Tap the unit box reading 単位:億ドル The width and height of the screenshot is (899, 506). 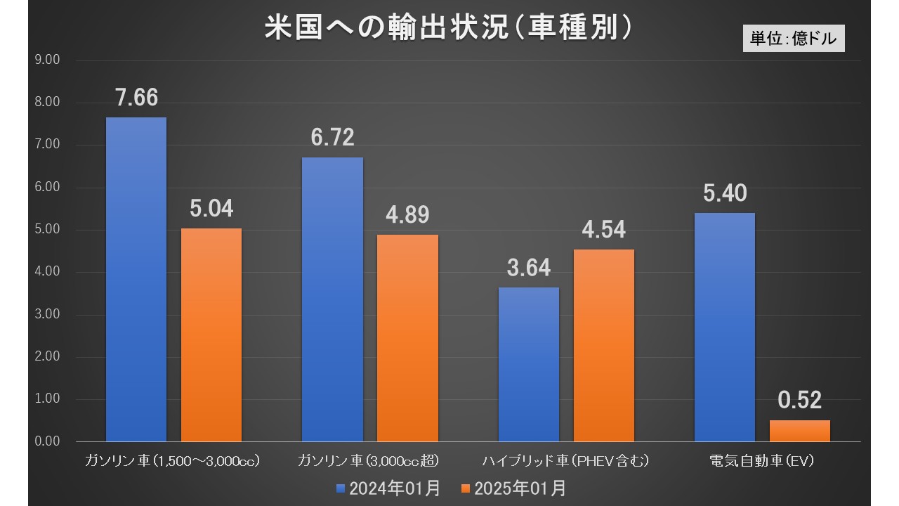click(x=794, y=39)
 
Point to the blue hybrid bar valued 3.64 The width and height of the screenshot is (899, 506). click(x=528, y=365)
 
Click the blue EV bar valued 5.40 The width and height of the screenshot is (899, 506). click(x=724, y=327)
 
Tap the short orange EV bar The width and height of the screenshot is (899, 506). click(x=799, y=431)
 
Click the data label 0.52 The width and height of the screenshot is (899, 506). click(x=799, y=401)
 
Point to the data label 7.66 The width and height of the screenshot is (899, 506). click(x=136, y=98)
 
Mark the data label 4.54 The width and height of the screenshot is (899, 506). click(x=603, y=230)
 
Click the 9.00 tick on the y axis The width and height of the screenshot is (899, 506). click(x=47, y=60)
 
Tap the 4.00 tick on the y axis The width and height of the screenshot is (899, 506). click(x=47, y=272)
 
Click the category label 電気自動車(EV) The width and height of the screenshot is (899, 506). click(x=761, y=461)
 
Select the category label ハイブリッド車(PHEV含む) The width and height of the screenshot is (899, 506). click(x=565, y=461)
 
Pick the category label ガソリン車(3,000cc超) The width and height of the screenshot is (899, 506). click(x=369, y=461)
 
